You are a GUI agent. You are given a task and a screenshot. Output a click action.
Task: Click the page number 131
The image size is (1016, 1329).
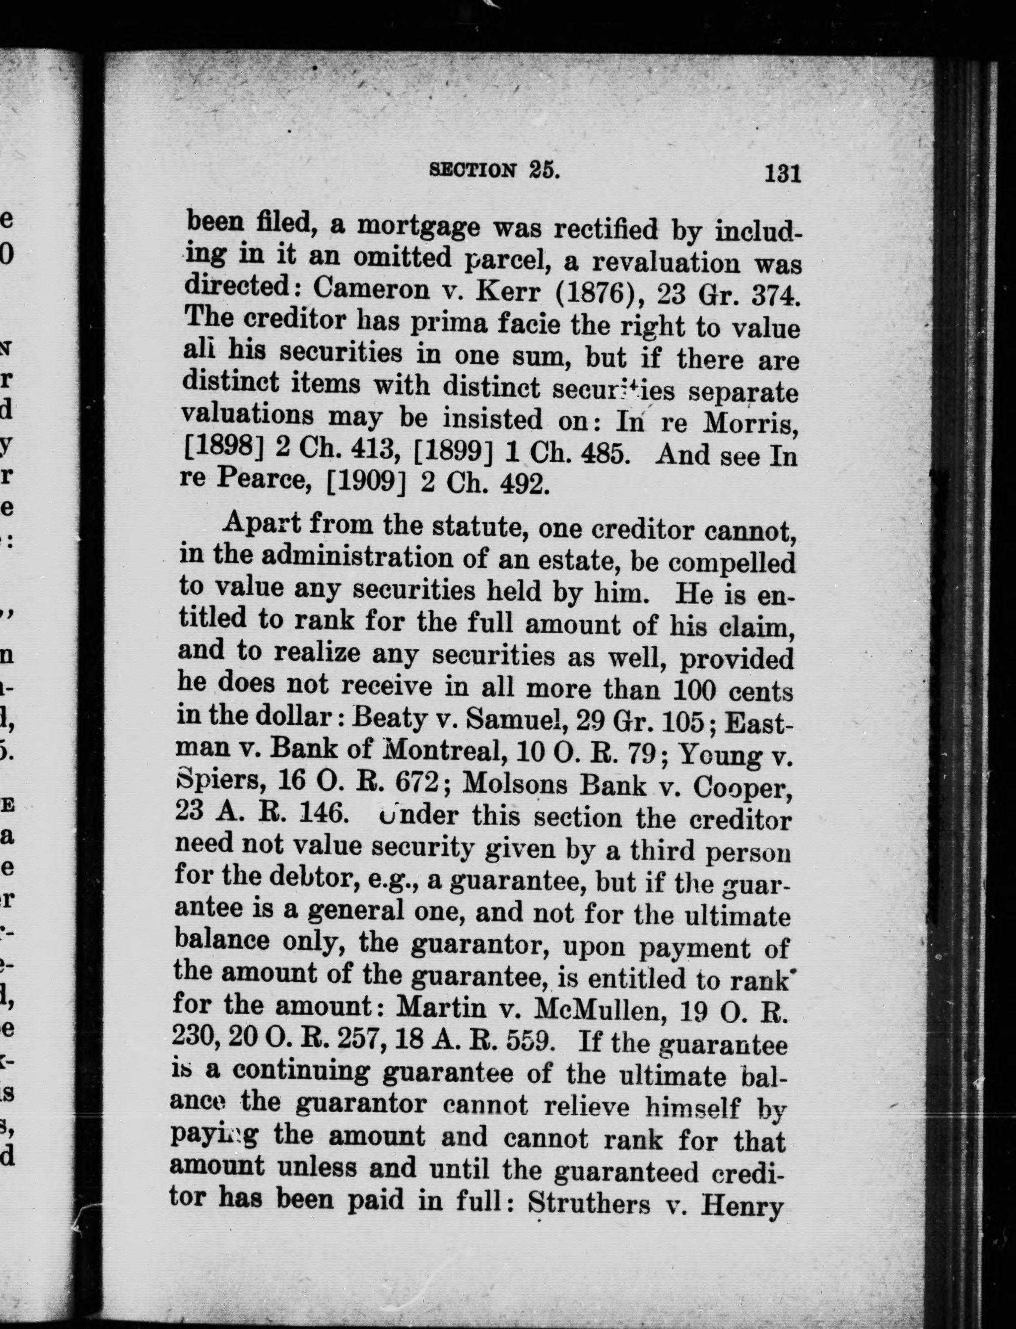(783, 174)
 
